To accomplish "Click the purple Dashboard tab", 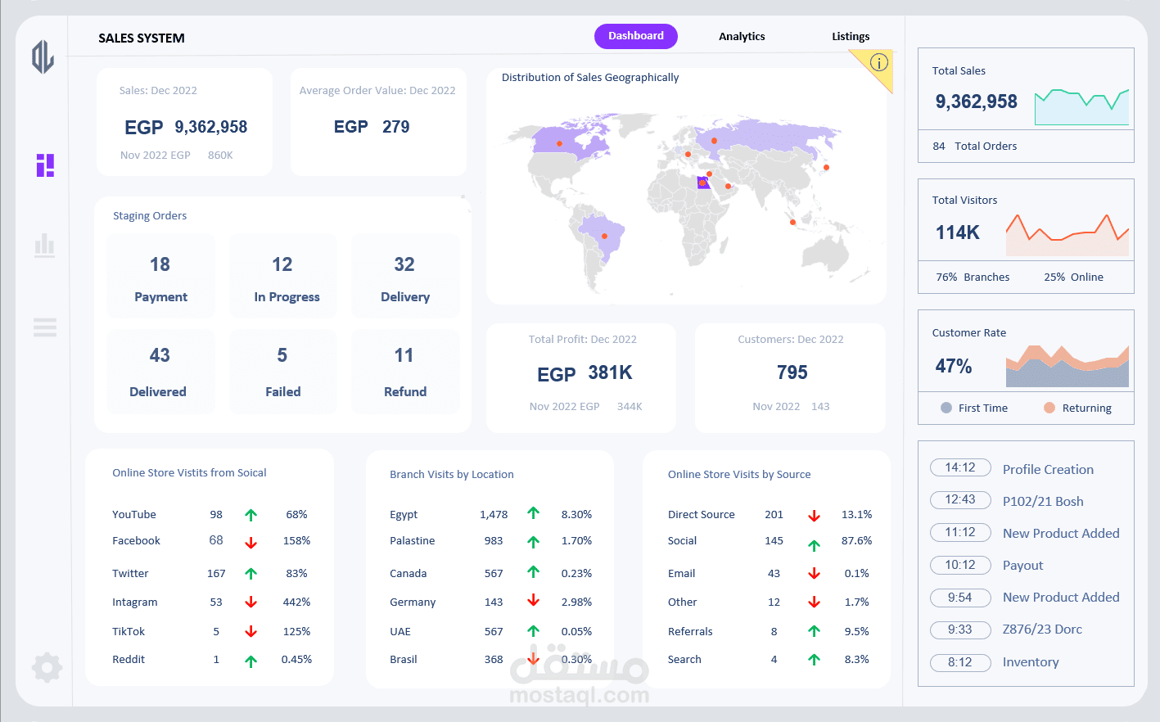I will click(x=635, y=36).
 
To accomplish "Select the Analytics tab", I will click(x=742, y=37).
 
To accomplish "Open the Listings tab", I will click(x=851, y=37).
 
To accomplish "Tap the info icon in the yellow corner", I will click(x=878, y=62).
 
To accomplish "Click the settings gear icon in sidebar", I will click(x=47, y=668).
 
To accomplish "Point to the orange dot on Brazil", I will click(x=605, y=237).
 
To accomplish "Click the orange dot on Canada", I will click(x=560, y=144).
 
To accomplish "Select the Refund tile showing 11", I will click(x=404, y=372).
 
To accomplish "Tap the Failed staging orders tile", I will click(x=282, y=372).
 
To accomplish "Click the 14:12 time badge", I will click(x=960, y=467).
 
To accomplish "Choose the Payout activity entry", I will click(x=1022, y=566).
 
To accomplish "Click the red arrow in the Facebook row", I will click(x=251, y=543).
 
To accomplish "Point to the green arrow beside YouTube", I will click(x=251, y=515).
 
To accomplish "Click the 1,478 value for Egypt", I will click(x=494, y=515).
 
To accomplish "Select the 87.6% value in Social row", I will click(x=856, y=541).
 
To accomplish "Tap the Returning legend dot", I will click(x=1049, y=408).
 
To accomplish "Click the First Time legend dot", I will click(x=946, y=408).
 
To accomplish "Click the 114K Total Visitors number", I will click(x=957, y=232).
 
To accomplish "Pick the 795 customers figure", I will click(x=792, y=372).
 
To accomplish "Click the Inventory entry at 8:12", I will click(x=1030, y=662).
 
